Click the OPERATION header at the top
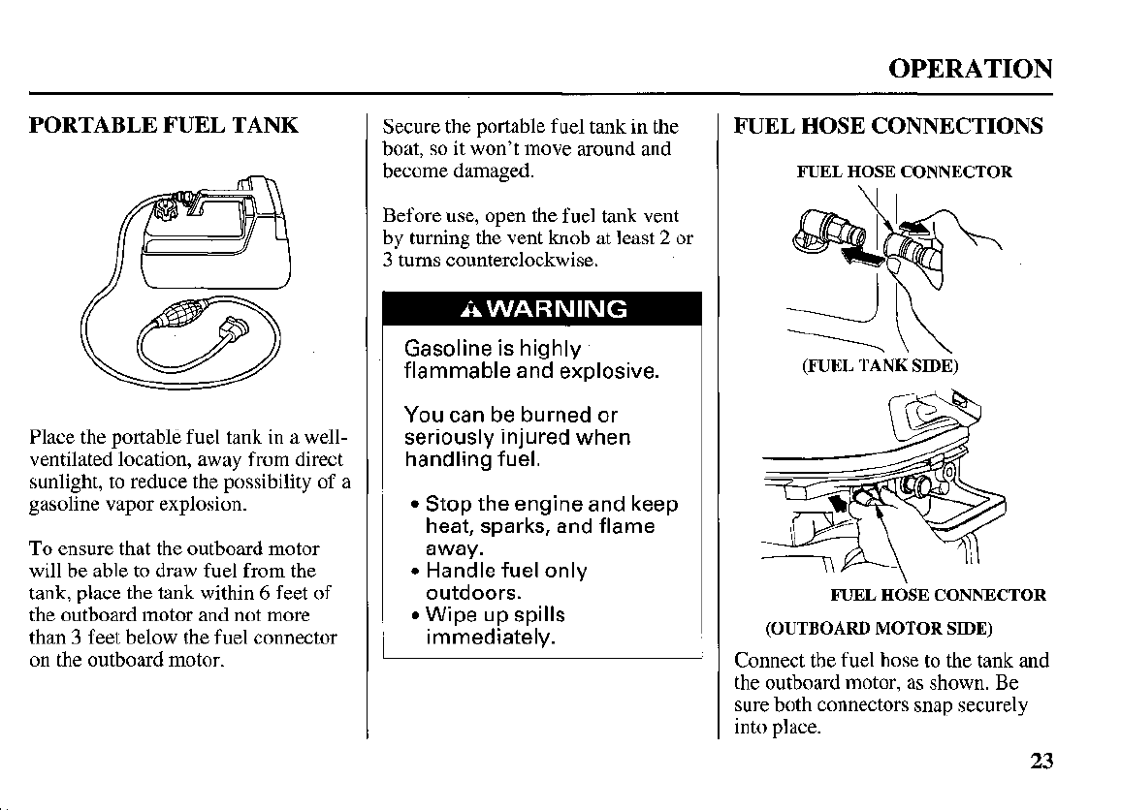(x=970, y=69)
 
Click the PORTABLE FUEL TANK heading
(x=163, y=126)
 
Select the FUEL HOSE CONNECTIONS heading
(x=888, y=126)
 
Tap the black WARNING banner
(x=541, y=310)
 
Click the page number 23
(x=1041, y=761)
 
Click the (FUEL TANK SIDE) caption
(x=880, y=365)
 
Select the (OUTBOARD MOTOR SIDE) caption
(x=879, y=628)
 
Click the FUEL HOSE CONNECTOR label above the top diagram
(x=904, y=172)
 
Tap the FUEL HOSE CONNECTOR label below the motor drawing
(x=938, y=595)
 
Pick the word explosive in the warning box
(x=608, y=371)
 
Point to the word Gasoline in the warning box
(x=446, y=349)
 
